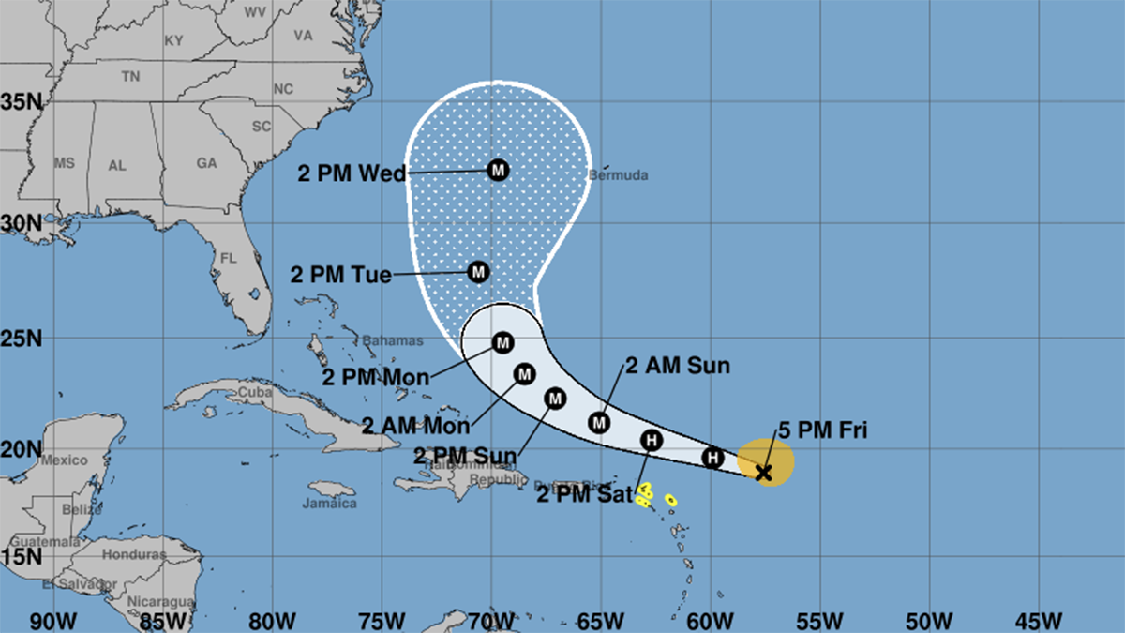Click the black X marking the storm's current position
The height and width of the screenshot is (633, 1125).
(x=763, y=473)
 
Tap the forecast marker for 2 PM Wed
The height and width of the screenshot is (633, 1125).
(x=498, y=170)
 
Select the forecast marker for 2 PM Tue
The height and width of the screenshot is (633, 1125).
(x=478, y=272)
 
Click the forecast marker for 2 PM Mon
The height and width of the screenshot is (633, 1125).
(x=502, y=342)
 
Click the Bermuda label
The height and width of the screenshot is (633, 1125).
(x=618, y=175)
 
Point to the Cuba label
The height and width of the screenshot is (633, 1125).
(x=247, y=392)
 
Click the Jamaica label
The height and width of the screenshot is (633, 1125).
(x=330, y=504)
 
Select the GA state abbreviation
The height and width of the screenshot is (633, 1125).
(x=206, y=163)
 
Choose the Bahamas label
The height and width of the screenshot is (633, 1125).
(x=393, y=340)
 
